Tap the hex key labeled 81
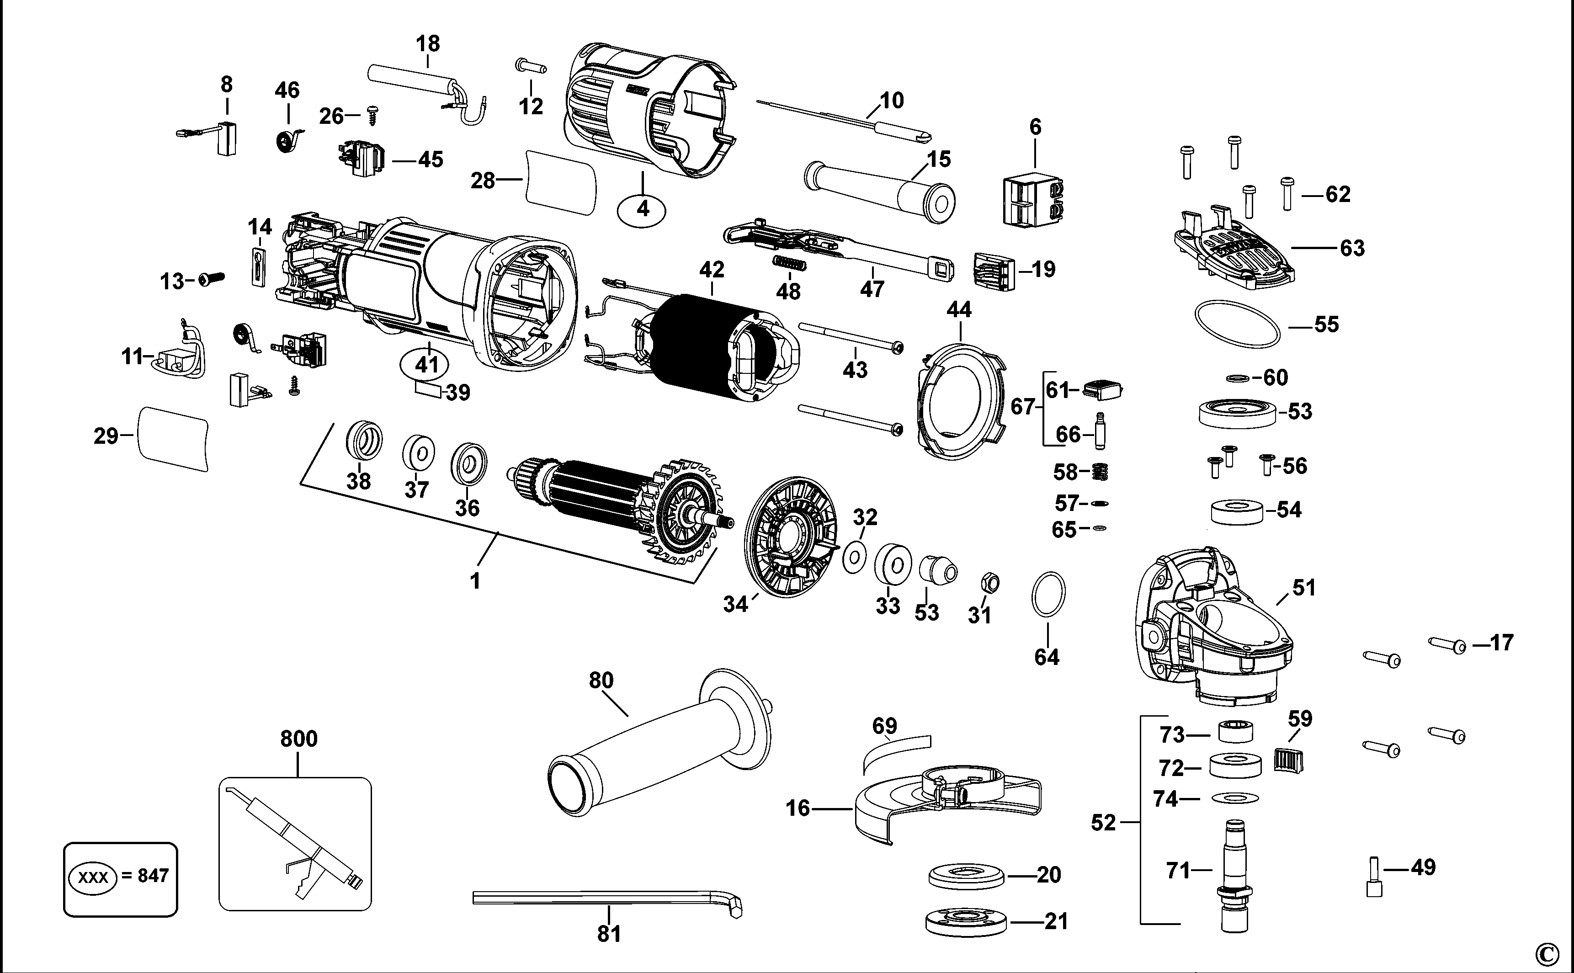(605, 898)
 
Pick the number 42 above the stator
(712, 270)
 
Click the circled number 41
(427, 365)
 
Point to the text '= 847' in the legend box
(145, 875)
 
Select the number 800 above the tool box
(298, 739)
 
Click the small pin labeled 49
(1374, 878)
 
